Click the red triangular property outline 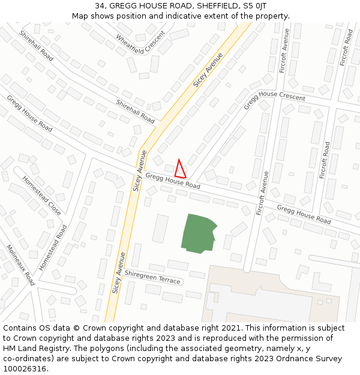pos(180,169)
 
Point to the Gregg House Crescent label pos(274,99)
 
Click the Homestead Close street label pos(42,195)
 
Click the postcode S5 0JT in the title pos(252,6)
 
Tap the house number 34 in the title pos(100,6)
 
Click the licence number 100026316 pos(25,369)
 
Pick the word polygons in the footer pos(131,349)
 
